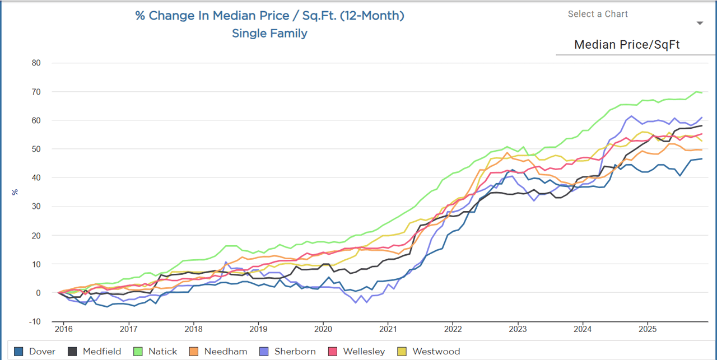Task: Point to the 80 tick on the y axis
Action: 36,63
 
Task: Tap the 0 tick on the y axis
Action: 38,293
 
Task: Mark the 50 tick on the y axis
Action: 36,149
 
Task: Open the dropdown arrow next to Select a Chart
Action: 700,24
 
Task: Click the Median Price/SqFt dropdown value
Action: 627,45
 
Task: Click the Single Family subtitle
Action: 269,34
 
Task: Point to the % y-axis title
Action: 15,192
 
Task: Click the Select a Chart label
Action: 598,14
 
